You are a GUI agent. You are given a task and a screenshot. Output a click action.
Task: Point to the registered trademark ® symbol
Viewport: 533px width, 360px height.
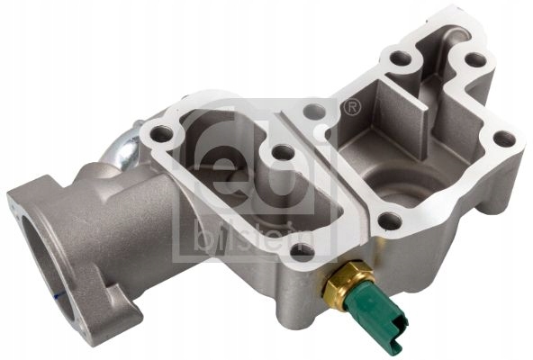pos(353,107)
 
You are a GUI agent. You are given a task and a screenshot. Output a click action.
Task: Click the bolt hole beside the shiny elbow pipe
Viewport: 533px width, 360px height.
pos(162,136)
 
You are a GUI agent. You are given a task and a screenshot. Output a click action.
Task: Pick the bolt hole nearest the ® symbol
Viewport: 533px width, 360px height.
pos(314,113)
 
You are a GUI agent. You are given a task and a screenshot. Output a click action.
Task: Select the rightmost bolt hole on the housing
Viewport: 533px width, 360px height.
pos(505,139)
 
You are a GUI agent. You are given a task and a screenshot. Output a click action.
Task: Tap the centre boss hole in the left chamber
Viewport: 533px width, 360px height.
pos(282,154)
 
